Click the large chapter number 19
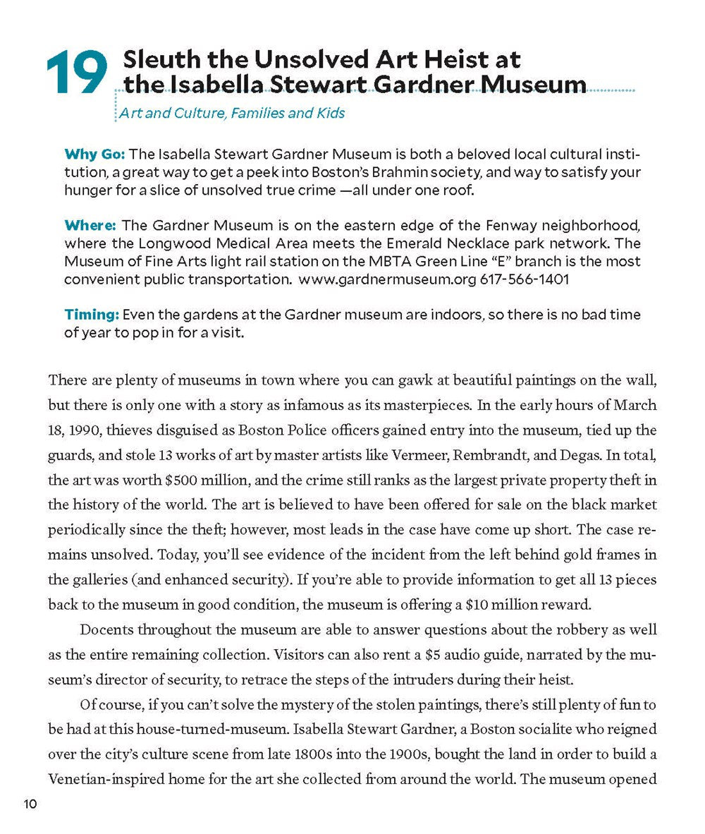tap(76, 74)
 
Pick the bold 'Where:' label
tap(90, 225)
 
